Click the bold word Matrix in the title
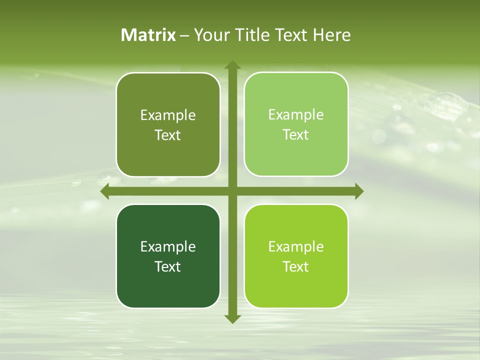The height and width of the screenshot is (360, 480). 148,35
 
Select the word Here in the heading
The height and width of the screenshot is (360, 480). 332,35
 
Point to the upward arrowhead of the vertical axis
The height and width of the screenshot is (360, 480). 232,65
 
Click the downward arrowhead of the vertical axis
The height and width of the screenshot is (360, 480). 232,318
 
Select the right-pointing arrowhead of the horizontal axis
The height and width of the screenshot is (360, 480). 358,191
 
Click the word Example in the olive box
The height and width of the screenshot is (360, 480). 168,115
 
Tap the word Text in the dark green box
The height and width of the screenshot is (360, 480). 168,266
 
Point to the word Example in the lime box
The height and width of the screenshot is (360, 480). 296,246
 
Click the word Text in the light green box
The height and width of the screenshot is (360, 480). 296,134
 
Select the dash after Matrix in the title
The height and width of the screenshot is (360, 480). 184,35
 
